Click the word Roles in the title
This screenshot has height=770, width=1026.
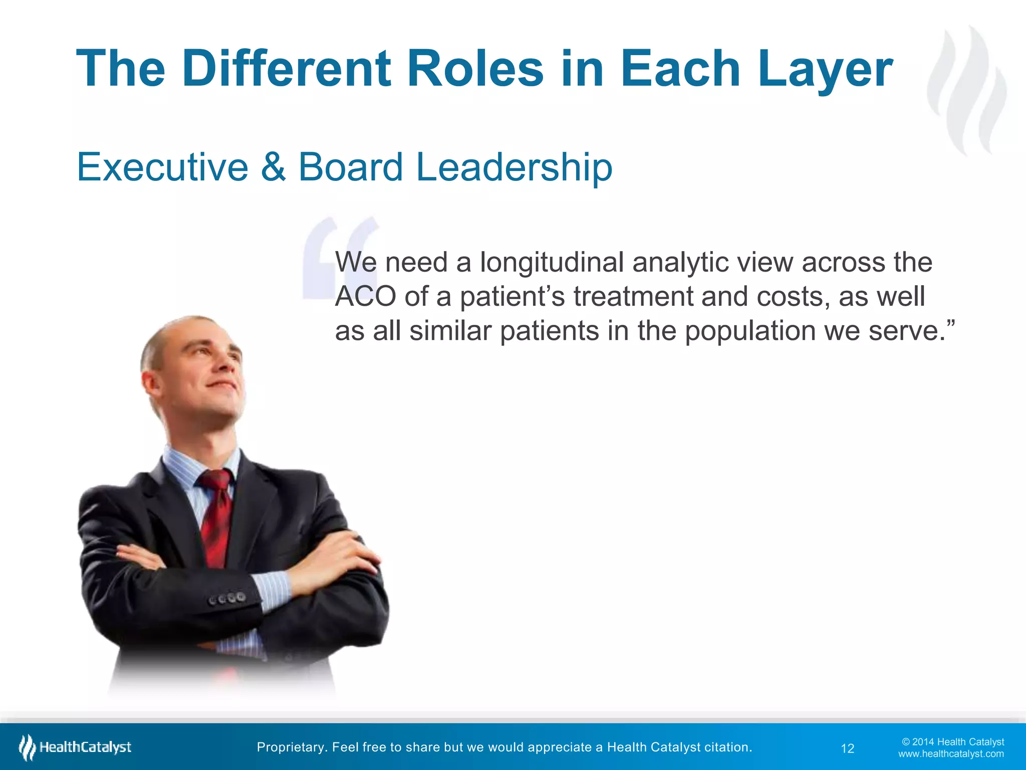475,69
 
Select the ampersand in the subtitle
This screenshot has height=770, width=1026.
273,167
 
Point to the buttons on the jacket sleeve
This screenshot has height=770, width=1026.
228,598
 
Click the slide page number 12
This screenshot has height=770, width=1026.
847,748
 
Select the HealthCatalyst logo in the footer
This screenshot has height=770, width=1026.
75,747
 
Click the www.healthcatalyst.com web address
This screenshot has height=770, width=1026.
950,754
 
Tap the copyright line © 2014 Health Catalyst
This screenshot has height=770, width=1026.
952,742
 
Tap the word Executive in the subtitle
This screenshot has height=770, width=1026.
162,167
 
